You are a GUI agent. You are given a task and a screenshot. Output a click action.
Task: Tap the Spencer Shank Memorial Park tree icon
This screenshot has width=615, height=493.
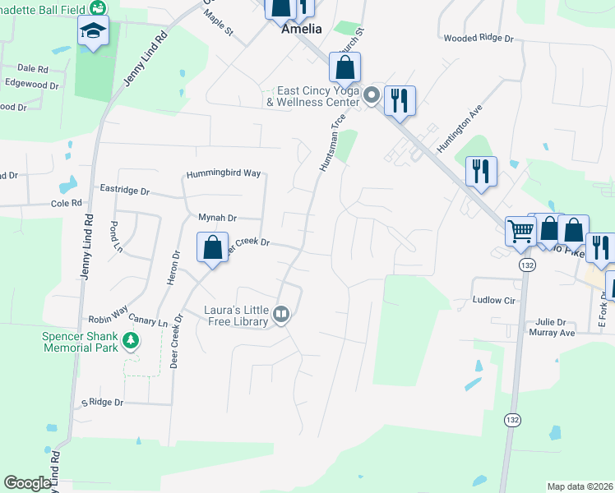point(129,340)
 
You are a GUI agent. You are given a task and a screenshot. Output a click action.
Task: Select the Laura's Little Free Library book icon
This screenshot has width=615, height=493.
point(281,315)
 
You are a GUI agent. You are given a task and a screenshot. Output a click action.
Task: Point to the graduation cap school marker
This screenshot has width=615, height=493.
point(93,33)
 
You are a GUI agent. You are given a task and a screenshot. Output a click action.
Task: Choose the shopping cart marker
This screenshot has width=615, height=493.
point(520,232)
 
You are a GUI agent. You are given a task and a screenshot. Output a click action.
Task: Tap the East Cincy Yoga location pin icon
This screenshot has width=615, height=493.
point(371,96)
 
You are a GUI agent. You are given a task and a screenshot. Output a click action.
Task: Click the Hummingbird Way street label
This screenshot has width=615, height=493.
point(223,173)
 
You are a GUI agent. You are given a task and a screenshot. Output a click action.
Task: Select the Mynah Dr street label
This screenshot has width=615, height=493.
point(217,218)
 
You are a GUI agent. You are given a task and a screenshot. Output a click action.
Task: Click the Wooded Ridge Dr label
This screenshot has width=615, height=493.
point(478,39)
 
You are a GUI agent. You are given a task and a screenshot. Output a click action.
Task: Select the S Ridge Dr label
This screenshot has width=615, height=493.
point(101,403)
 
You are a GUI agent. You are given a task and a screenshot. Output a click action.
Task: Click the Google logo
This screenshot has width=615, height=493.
point(27,483)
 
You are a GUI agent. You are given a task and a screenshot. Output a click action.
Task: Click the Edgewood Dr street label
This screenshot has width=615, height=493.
point(31,85)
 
